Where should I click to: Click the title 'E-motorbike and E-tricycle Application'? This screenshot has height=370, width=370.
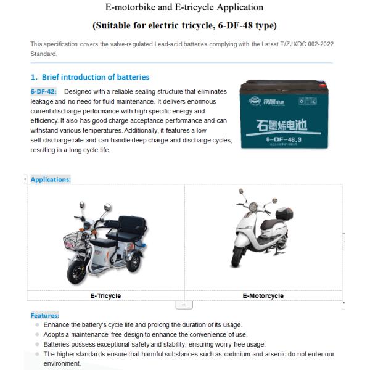pyautogui.click(x=184, y=7)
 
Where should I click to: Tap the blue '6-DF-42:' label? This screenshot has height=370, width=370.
pyautogui.click(x=43, y=91)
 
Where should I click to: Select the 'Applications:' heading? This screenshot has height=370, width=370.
pyautogui.click(x=51, y=179)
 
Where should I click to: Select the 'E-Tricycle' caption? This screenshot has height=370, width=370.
pyautogui.click(x=105, y=296)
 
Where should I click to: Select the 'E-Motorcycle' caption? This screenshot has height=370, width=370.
pyautogui.click(x=263, y=296)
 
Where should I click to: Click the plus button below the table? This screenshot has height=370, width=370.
pyautogui.click(x=184, y=305)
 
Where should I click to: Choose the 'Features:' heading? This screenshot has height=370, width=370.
pyautogui.click(x=45, y=315)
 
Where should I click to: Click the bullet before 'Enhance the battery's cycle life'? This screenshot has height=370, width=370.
pyautogui.click(x=37, y=324)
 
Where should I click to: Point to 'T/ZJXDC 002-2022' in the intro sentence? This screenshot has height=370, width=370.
pyautogui.click(x=292, y=44)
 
